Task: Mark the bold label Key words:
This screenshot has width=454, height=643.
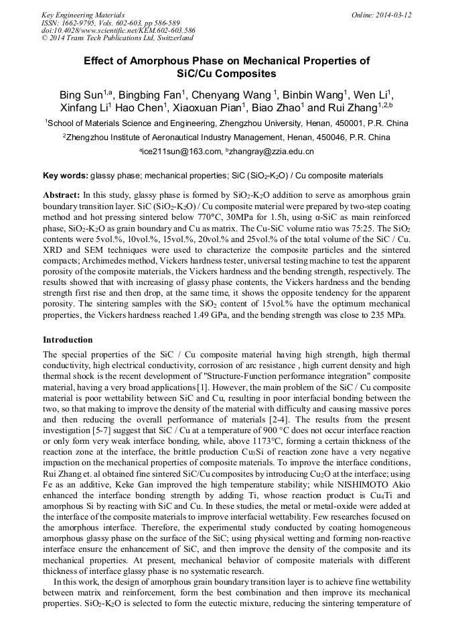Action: [x=65, y=176]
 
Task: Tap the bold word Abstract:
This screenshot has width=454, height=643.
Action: [x=62, y=194]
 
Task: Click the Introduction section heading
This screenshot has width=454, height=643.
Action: [x=68, y=340]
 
